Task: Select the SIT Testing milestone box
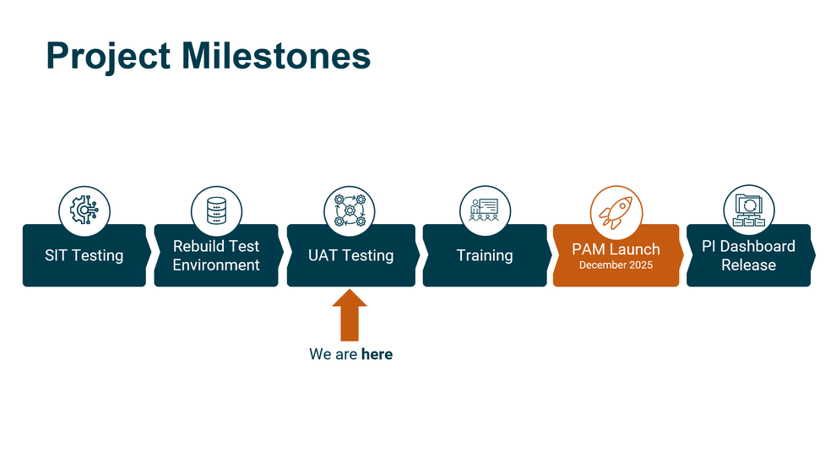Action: pos(84,255)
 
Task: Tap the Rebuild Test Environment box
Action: pos(216,255)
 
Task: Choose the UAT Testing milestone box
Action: pos(350,255)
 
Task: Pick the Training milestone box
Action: pos(485,255)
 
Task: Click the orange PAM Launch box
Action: pos(616,255)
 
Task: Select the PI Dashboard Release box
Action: pos(748,255)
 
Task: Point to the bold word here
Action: pos(377,354)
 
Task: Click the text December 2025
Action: pos(616,265)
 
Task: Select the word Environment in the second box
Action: pos(216,265)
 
